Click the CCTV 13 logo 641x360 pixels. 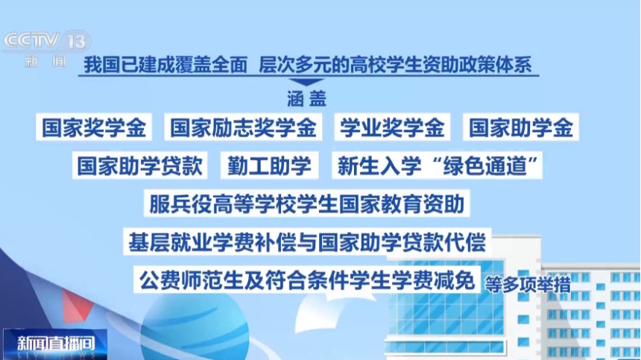(x=47, y=41)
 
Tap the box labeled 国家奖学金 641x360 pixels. (x=94, y=127)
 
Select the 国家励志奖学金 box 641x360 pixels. (x=243, y=127)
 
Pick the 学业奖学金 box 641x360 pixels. (x=393, y=127)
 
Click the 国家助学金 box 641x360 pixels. (x=521, y=127)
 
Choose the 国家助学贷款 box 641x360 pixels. (x=140, y=165)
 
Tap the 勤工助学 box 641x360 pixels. (x=269, y=165)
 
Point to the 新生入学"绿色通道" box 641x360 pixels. (x=437, y=165)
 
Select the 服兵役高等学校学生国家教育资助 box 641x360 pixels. (x=307, y=203)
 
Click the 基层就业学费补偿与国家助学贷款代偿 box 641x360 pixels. (x=307, y=241)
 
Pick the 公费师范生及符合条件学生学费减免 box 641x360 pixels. (x=307, y=280)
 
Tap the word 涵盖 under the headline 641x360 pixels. (x=306, y=98)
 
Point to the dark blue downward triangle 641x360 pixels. (x=306, y=82)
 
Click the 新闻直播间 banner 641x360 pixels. (x=55, y=344)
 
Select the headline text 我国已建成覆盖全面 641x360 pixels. (x=165, y=65)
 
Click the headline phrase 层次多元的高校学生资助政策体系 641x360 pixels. (x=395, y=65)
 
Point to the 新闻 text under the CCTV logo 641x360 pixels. (x=45, y=62)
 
